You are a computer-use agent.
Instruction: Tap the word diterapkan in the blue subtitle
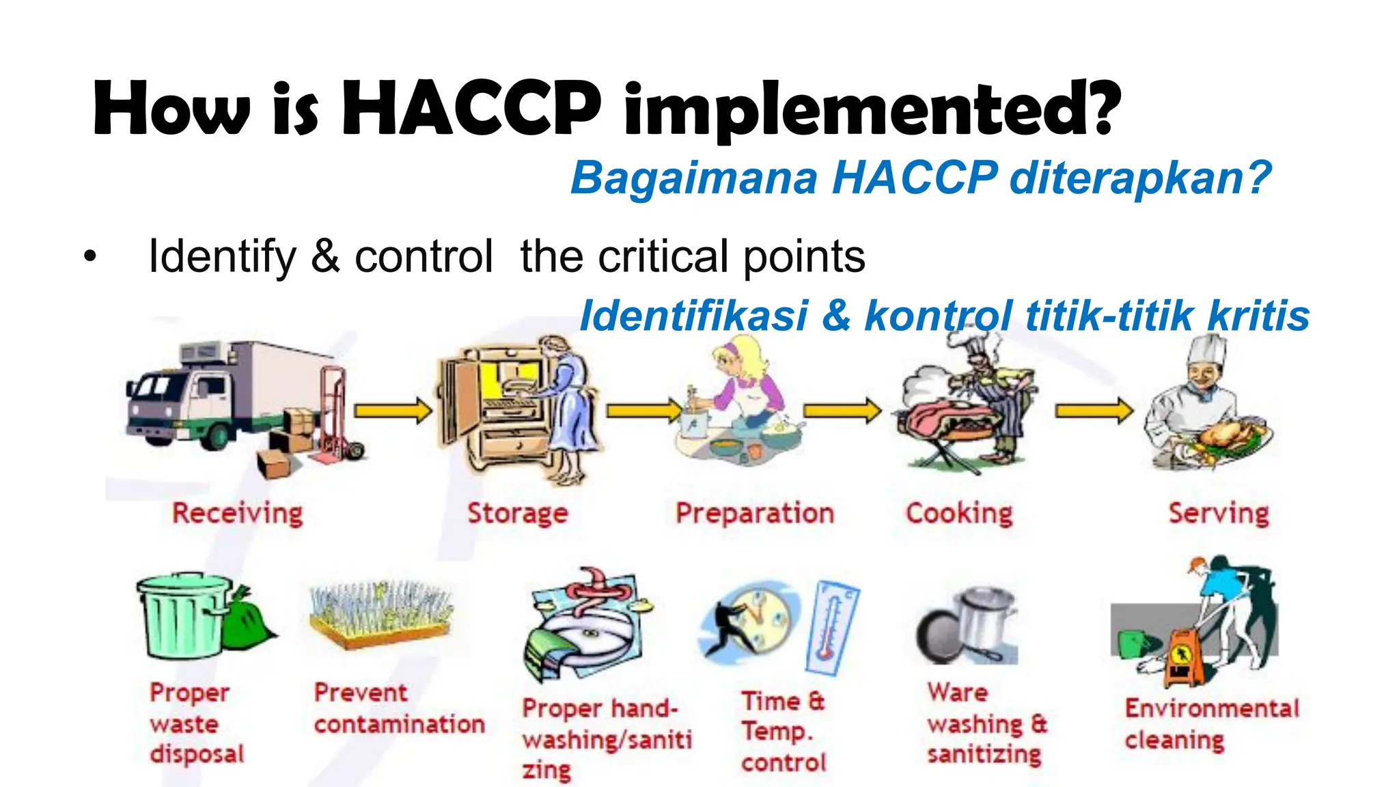(x=1139, y=178)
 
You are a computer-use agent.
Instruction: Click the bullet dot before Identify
(x=90, y=258)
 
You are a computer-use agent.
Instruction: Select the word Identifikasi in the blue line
(x=693, y=316)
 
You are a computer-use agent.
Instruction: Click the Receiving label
(x=237, y=513)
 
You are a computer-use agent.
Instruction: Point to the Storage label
(x=517, y=513)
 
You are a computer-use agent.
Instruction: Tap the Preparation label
(x=755, y=513)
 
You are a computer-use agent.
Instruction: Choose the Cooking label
(x=959, y=513)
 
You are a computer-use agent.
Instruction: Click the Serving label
(x=1219, y=513)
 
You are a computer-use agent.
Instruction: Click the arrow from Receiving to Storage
(x=393, y=411)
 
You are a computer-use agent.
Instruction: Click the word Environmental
(x=1212, y=708)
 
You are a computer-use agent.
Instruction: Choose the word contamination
(x=400, y=724)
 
